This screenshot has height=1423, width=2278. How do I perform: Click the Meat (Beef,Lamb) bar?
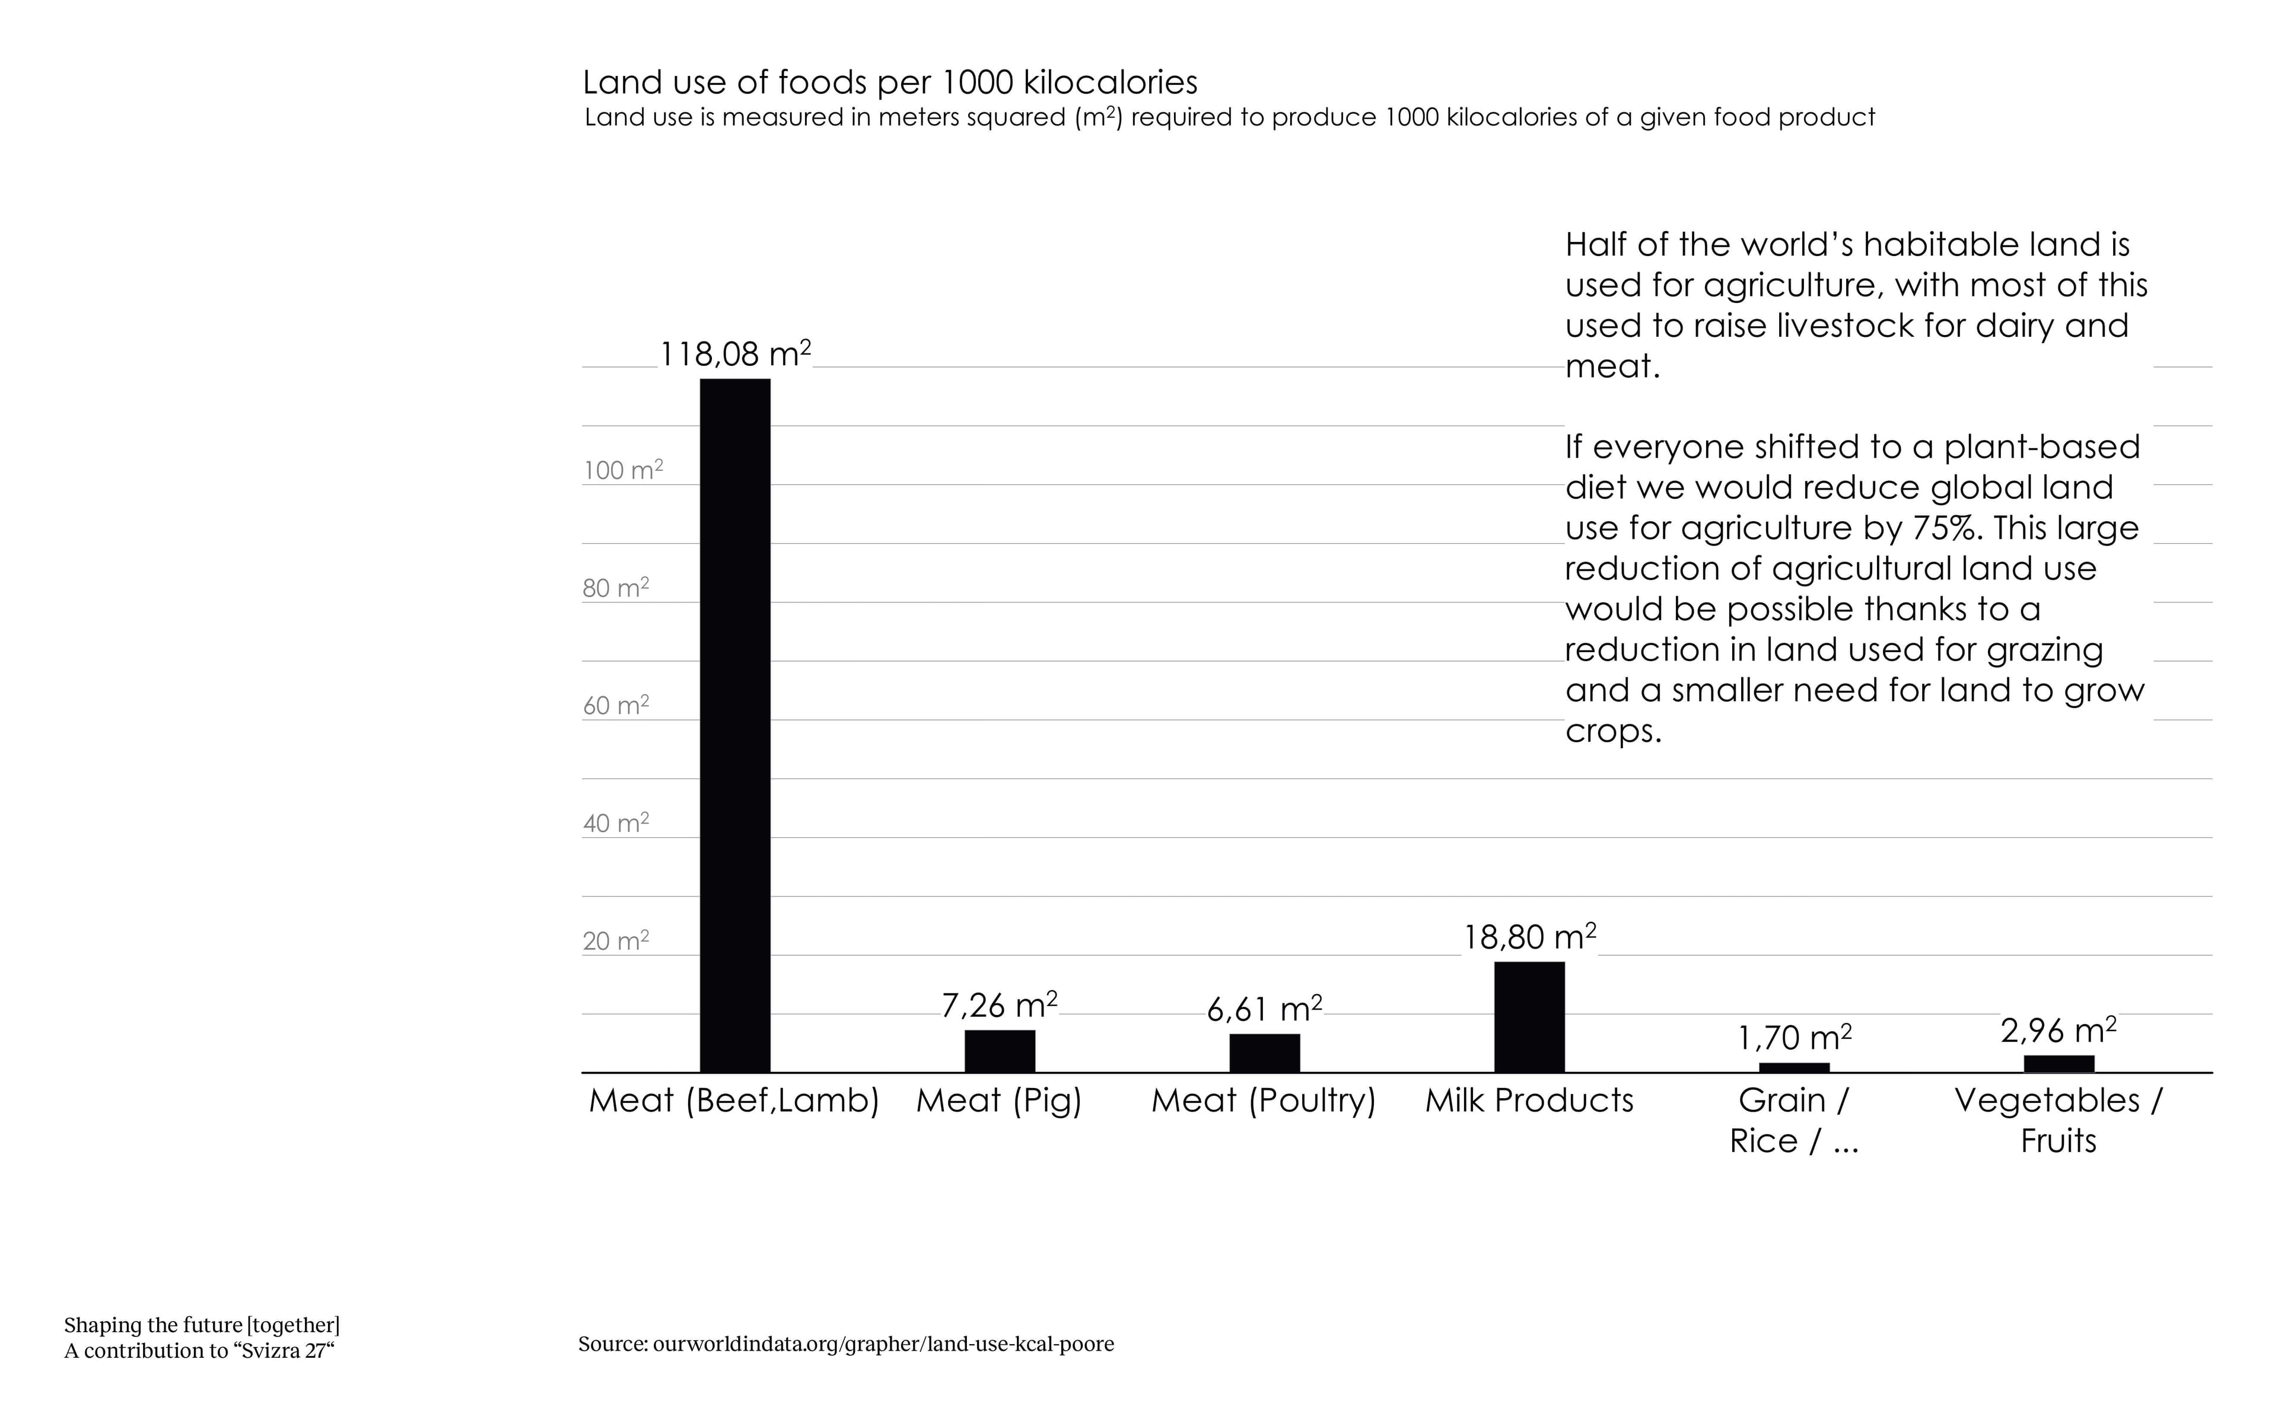(734, 725)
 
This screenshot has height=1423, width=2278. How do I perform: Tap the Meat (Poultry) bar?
(1264, 1052)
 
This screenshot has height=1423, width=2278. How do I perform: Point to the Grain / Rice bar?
(1794, 1067)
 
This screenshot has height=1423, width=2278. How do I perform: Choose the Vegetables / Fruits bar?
(2059, 1064)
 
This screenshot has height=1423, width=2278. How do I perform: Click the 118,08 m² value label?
(734, 355)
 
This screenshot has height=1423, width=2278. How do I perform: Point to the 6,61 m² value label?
(1264, 1010)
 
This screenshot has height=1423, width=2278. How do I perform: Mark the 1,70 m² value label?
(1794, 1038)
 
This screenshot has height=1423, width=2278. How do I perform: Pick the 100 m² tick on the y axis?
(622, 470)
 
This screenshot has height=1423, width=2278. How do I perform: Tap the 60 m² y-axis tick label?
(616, 705)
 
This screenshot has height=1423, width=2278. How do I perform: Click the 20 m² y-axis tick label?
(616, 940)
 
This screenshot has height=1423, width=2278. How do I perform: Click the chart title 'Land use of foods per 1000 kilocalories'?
(890, 83)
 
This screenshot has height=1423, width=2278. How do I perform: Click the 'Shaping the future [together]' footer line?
(202, 1325)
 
